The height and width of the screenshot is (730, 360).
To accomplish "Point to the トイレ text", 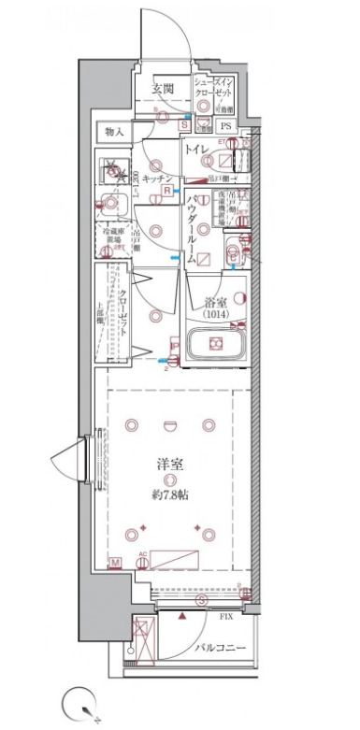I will tap(195, 150).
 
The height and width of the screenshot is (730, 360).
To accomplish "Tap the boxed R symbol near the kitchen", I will tap(166, 191).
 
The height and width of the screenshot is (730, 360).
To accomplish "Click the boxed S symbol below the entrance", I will tap(185, 123).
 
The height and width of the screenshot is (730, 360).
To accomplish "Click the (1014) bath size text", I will tap(217, 315).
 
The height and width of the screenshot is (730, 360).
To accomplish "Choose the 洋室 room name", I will tap(169, 464).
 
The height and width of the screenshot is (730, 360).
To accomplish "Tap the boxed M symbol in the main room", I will tap(115, 562).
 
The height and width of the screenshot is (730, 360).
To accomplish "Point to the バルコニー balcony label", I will tap(221, 648).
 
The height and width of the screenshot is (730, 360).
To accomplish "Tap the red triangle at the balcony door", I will tap(182, 618).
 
